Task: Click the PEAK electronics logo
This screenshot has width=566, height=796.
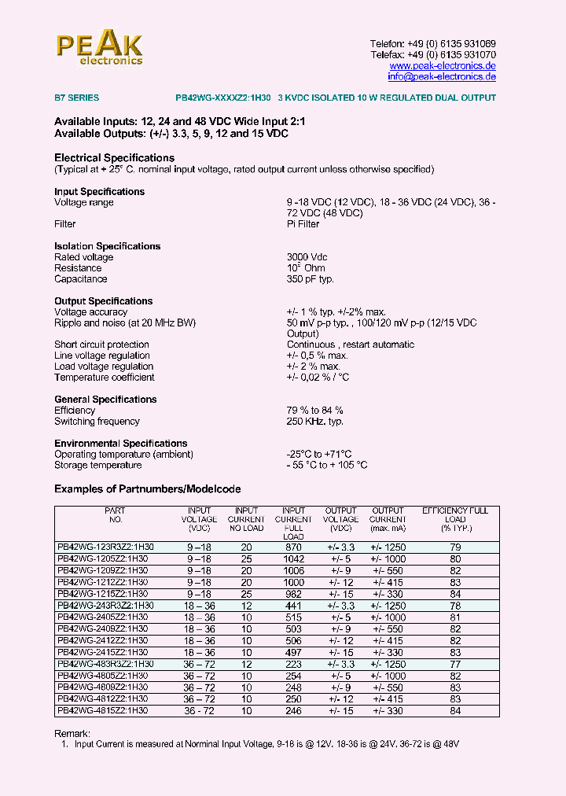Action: (99, 48)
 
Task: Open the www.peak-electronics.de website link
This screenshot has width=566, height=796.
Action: (443, 66)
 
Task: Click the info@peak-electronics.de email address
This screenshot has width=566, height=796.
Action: (441, 77)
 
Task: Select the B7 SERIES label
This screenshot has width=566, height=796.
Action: (76, 98)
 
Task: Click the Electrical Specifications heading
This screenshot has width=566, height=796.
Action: (114, 158)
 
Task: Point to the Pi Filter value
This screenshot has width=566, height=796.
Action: (303, 224)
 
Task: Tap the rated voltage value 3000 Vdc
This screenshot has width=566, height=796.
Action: (307, 257)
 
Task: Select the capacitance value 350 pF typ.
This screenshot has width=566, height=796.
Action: (311, 279)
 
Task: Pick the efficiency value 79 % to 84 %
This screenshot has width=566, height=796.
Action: (314, 411)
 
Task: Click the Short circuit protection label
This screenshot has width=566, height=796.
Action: (101, 345)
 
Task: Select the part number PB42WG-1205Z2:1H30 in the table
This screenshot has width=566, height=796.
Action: (102, 558)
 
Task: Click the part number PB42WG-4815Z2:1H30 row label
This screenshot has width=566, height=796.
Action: (102, 710)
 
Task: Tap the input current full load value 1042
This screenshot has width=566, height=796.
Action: (293, 558)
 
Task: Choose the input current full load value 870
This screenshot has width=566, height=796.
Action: (293, 547)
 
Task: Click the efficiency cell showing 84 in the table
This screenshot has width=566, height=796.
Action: (455, 710)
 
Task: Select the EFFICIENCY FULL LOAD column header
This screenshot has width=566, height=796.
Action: (455, 519)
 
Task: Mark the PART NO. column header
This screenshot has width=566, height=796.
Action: (115, 515)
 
